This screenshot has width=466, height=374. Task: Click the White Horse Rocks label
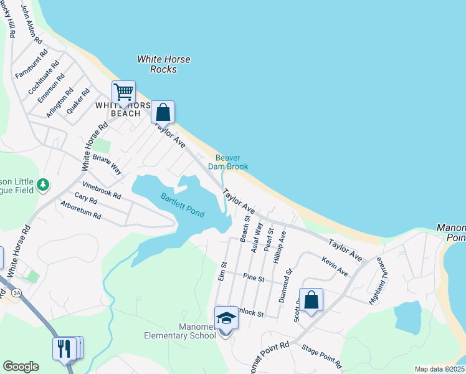pyautogui.click(x=164, y=64)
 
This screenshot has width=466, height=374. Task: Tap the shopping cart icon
pyautogui.click(x=123, y=92)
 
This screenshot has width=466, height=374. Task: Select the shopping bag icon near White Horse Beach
pyautogui.click(x=163, y=112)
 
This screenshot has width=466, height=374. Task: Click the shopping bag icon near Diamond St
pyautogui.click(x=311, y=300)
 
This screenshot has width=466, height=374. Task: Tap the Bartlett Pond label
pyautogui.click(x=183, y=205)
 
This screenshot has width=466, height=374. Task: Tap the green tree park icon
pyautogui.click(x=42, y=185)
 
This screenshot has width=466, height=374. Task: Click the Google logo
pyautogui.click(x=21, y=367)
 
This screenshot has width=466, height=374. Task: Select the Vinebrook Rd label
pyautogui.click(x=101, y=189)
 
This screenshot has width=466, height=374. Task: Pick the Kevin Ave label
pyautogui.click(x=335, y=266)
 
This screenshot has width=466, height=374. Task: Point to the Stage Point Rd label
pyautogui.click(x=321, y=355)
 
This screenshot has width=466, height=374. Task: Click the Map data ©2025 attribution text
pyautogui.click(x=439, y=369)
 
